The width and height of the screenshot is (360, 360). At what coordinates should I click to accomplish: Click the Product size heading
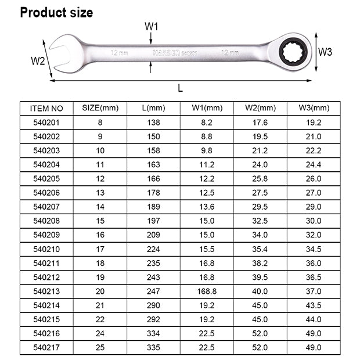pyautogui.click(x=56, y=12)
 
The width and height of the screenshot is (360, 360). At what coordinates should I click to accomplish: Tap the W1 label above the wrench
pyautogui.click(x=152, y=27)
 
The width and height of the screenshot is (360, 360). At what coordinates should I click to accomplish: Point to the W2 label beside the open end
pyautogui.click(x=38, y=61)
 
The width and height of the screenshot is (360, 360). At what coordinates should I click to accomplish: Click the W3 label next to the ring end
pyautogui.click(x=325, y=52)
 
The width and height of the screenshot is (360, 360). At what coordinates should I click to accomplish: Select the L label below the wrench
pyautogui.click(x=181, y=88)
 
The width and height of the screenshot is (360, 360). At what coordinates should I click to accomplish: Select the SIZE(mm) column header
pyautogui.click(x=100, y=108)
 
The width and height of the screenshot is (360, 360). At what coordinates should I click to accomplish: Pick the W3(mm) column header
pyautogui.click(x=314, y=108)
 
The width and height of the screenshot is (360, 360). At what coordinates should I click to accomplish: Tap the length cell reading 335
pyautogui.click(x=153, y=348)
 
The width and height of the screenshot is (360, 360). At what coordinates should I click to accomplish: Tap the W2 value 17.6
pyautogui.click(x=260, y=123)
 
